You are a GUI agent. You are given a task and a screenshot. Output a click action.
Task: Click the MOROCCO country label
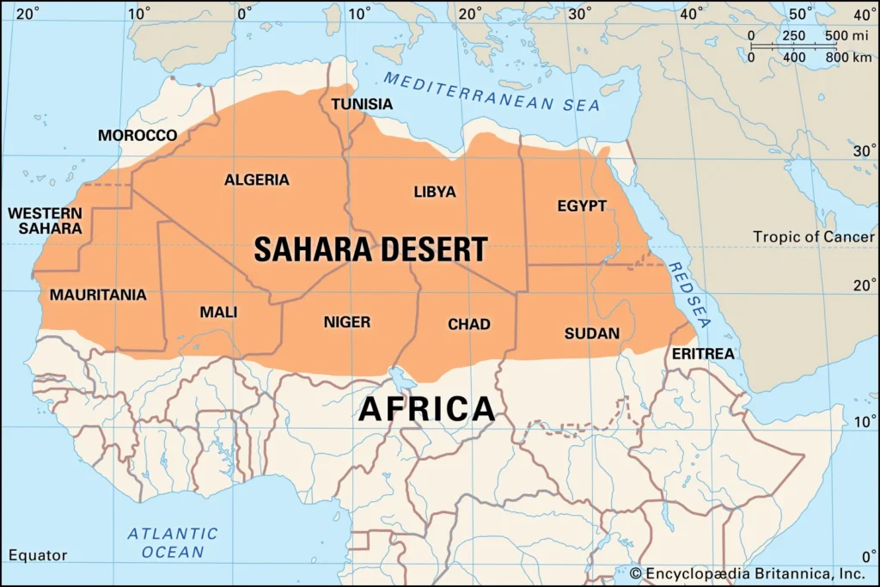[x=137, y=136]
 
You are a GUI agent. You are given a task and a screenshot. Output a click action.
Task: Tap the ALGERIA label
[x=257, y=180]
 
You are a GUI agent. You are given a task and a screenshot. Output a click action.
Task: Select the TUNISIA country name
[x=362, y=104]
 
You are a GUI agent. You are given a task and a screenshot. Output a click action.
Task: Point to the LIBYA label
[x=435, y=192]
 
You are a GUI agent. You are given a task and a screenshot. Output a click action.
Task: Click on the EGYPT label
[x=582, y=206]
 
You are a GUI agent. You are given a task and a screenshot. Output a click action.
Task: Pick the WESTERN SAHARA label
[x=46, y=221]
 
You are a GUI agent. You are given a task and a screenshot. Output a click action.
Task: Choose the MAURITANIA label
[x=98, y=295]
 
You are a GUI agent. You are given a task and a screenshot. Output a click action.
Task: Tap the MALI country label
[x=218, y=312]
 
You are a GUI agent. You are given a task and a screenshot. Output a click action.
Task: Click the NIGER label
[x=347, y=322]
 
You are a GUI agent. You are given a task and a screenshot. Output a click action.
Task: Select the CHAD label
[x=469, y=324]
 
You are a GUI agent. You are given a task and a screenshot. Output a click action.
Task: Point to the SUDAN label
[x=592, y=333]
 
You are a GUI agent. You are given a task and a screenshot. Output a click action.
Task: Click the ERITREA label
[x=703, y=354]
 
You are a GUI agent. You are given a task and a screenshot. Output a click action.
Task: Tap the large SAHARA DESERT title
[x=370, y=249]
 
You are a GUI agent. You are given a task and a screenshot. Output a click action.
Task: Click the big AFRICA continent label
[x=426, y=408]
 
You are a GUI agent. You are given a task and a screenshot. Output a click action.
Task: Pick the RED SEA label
[x=690, y=295]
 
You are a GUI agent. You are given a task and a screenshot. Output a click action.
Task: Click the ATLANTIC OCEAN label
[x=173, y=543]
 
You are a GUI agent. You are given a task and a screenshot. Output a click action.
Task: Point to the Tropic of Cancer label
[x=814, y=236]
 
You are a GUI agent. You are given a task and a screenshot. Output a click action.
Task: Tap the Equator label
[x=38, y=555]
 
